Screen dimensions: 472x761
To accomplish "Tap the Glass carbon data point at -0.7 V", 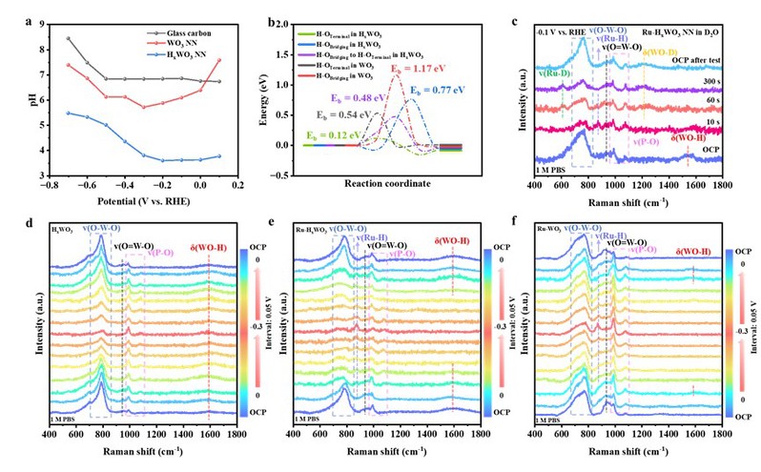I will coord(69,38).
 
